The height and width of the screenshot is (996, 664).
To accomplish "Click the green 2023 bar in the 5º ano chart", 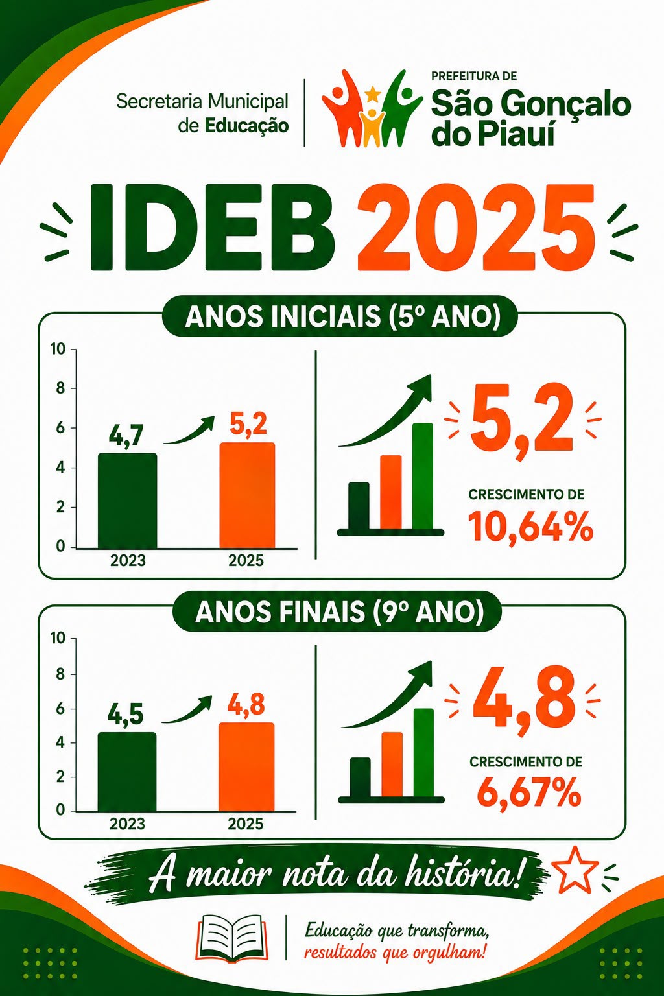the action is point(128,501).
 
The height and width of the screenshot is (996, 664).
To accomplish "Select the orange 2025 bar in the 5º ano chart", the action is point(247,495).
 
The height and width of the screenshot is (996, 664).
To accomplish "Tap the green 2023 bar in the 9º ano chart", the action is point(127,772).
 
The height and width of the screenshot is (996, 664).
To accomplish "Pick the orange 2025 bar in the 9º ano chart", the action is point(246,767).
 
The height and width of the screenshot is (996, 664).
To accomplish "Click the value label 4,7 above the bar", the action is point(126,435).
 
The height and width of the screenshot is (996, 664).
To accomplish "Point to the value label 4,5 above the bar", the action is point(126,715).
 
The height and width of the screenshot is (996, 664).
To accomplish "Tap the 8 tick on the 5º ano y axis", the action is point(61,388).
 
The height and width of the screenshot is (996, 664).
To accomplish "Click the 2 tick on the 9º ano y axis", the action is point(61,777).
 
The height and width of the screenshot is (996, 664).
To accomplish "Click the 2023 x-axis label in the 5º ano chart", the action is point(128,561).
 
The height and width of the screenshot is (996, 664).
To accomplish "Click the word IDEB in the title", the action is point(213,228).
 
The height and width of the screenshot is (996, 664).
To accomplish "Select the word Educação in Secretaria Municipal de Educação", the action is point(247,126).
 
